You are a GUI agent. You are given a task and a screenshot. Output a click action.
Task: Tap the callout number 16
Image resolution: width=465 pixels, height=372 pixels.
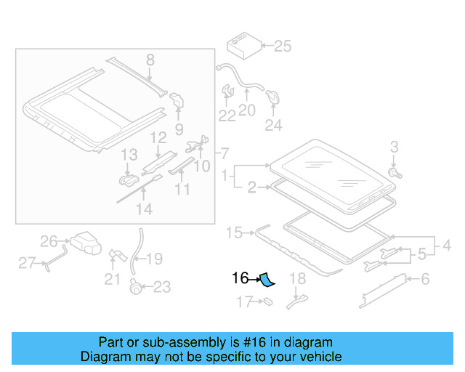tap(240, 278)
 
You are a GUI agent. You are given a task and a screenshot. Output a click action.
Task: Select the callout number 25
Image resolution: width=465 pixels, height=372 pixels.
tap(282, 46)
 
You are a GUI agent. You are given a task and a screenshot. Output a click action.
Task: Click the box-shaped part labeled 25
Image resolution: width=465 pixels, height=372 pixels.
tap(243, 45)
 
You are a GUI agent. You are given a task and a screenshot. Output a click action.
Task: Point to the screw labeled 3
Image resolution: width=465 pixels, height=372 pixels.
tap(394, 173)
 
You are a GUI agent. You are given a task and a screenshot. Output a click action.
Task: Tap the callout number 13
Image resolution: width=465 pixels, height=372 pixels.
tap(129, 155)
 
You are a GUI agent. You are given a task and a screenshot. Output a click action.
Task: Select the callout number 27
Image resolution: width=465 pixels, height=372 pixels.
tap(27, 263)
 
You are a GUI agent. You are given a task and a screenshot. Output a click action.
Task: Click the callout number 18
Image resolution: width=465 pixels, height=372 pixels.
tap(298, 278)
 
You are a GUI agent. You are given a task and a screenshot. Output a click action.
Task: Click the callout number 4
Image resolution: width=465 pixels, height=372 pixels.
tap(447, 246)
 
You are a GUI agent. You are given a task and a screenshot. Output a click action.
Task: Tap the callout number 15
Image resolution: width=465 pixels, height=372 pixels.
tap(234, 232)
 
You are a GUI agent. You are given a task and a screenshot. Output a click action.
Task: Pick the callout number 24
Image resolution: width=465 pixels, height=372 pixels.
tap(272, 126)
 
